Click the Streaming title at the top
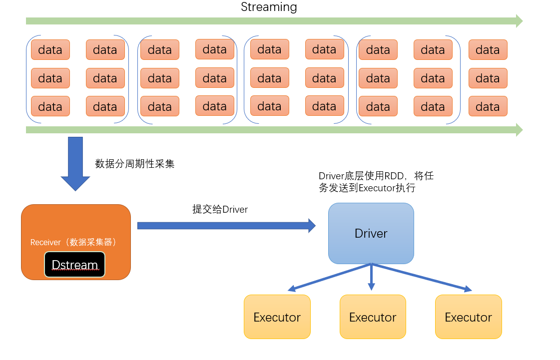[269, 7]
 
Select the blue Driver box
[371, 233]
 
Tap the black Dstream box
[74, 264]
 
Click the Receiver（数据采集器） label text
[73, 242]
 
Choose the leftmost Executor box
[277, 317]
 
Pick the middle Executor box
[373, 317]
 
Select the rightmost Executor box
[468, 317]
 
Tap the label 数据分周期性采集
[135, 164]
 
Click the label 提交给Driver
[220, 209]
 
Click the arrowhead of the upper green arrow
[519, 21]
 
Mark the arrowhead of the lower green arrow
[519, 130]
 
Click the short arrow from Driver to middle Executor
[371, 278]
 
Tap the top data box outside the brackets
[488, 50]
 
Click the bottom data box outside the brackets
[488, 106]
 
